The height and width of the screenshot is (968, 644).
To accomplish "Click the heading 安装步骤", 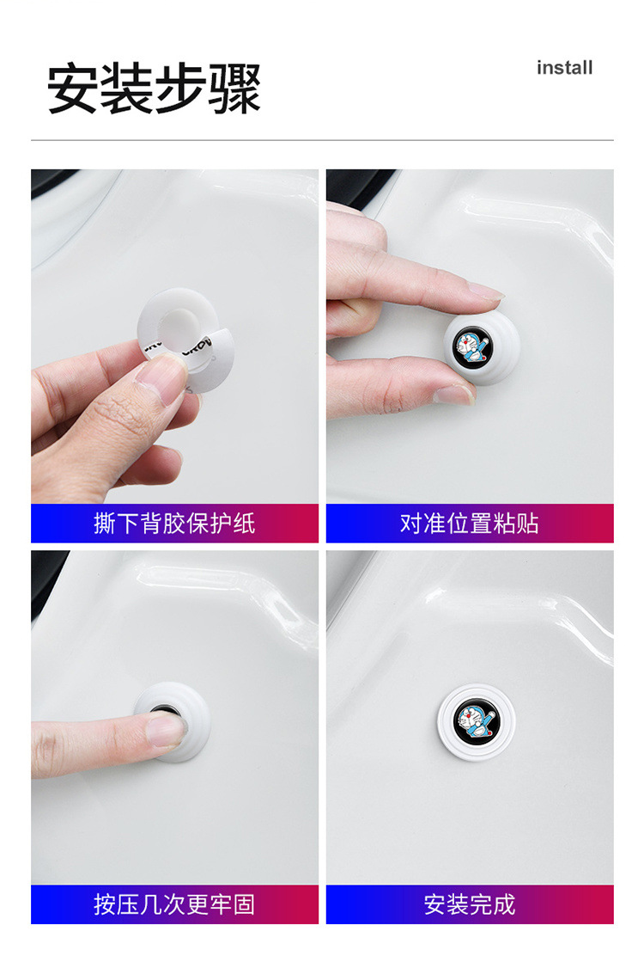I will click(154, 89).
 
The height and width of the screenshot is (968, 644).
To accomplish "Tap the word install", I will click(564, 68).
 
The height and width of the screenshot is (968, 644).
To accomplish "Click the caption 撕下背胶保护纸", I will click(174, 524).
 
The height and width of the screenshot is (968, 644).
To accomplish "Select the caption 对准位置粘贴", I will click(470, 524).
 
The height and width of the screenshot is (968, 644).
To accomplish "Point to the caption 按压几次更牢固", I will click(174, 904).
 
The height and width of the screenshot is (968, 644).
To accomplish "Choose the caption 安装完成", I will click(470, 904).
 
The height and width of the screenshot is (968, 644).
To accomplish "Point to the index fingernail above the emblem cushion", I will click(486, 292).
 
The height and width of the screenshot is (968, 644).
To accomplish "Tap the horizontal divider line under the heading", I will click(322, 140).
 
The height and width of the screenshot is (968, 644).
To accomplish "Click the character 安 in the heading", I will click(72, 89).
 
